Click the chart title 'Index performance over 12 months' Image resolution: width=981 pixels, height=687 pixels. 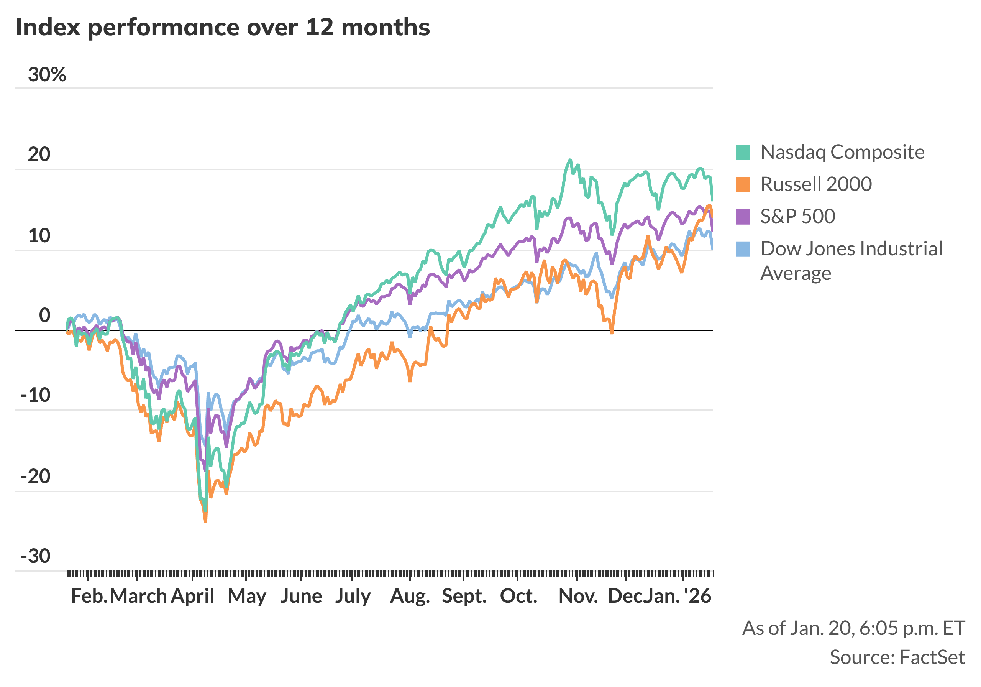(x=223, y=27)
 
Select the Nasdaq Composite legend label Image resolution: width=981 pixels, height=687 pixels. (x=842, y=152)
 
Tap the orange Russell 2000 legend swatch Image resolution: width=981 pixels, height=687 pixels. (x=743, y=185)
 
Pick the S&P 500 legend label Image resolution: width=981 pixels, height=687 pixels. (x=798, y=216)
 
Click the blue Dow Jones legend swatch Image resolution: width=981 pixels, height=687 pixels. (x=743, y=249)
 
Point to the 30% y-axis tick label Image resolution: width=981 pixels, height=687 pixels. (x=47, y=75)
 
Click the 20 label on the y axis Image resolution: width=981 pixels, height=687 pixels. (x=39, y=154)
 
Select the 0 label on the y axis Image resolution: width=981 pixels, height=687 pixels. (x=44, y=316)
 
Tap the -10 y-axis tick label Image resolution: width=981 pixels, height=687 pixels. (x=36, y=395)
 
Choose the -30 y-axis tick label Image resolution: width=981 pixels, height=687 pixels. (x=36, y=556)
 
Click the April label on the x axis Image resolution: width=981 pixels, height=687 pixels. (x=193, y=596)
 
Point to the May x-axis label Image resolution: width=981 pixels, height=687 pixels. (x=247, y=596)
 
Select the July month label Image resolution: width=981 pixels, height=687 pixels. (x=353, y=596)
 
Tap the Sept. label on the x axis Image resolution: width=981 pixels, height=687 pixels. (x=464, y=596)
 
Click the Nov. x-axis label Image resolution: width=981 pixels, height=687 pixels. (x=579, y=596)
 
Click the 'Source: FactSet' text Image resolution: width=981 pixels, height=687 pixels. (x=897, y=657)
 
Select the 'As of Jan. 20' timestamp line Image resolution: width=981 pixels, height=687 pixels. (x=854, y=628)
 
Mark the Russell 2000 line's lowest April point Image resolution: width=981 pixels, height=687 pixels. (x=205, y=521)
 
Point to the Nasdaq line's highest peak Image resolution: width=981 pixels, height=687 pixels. (x=570, y=160)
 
